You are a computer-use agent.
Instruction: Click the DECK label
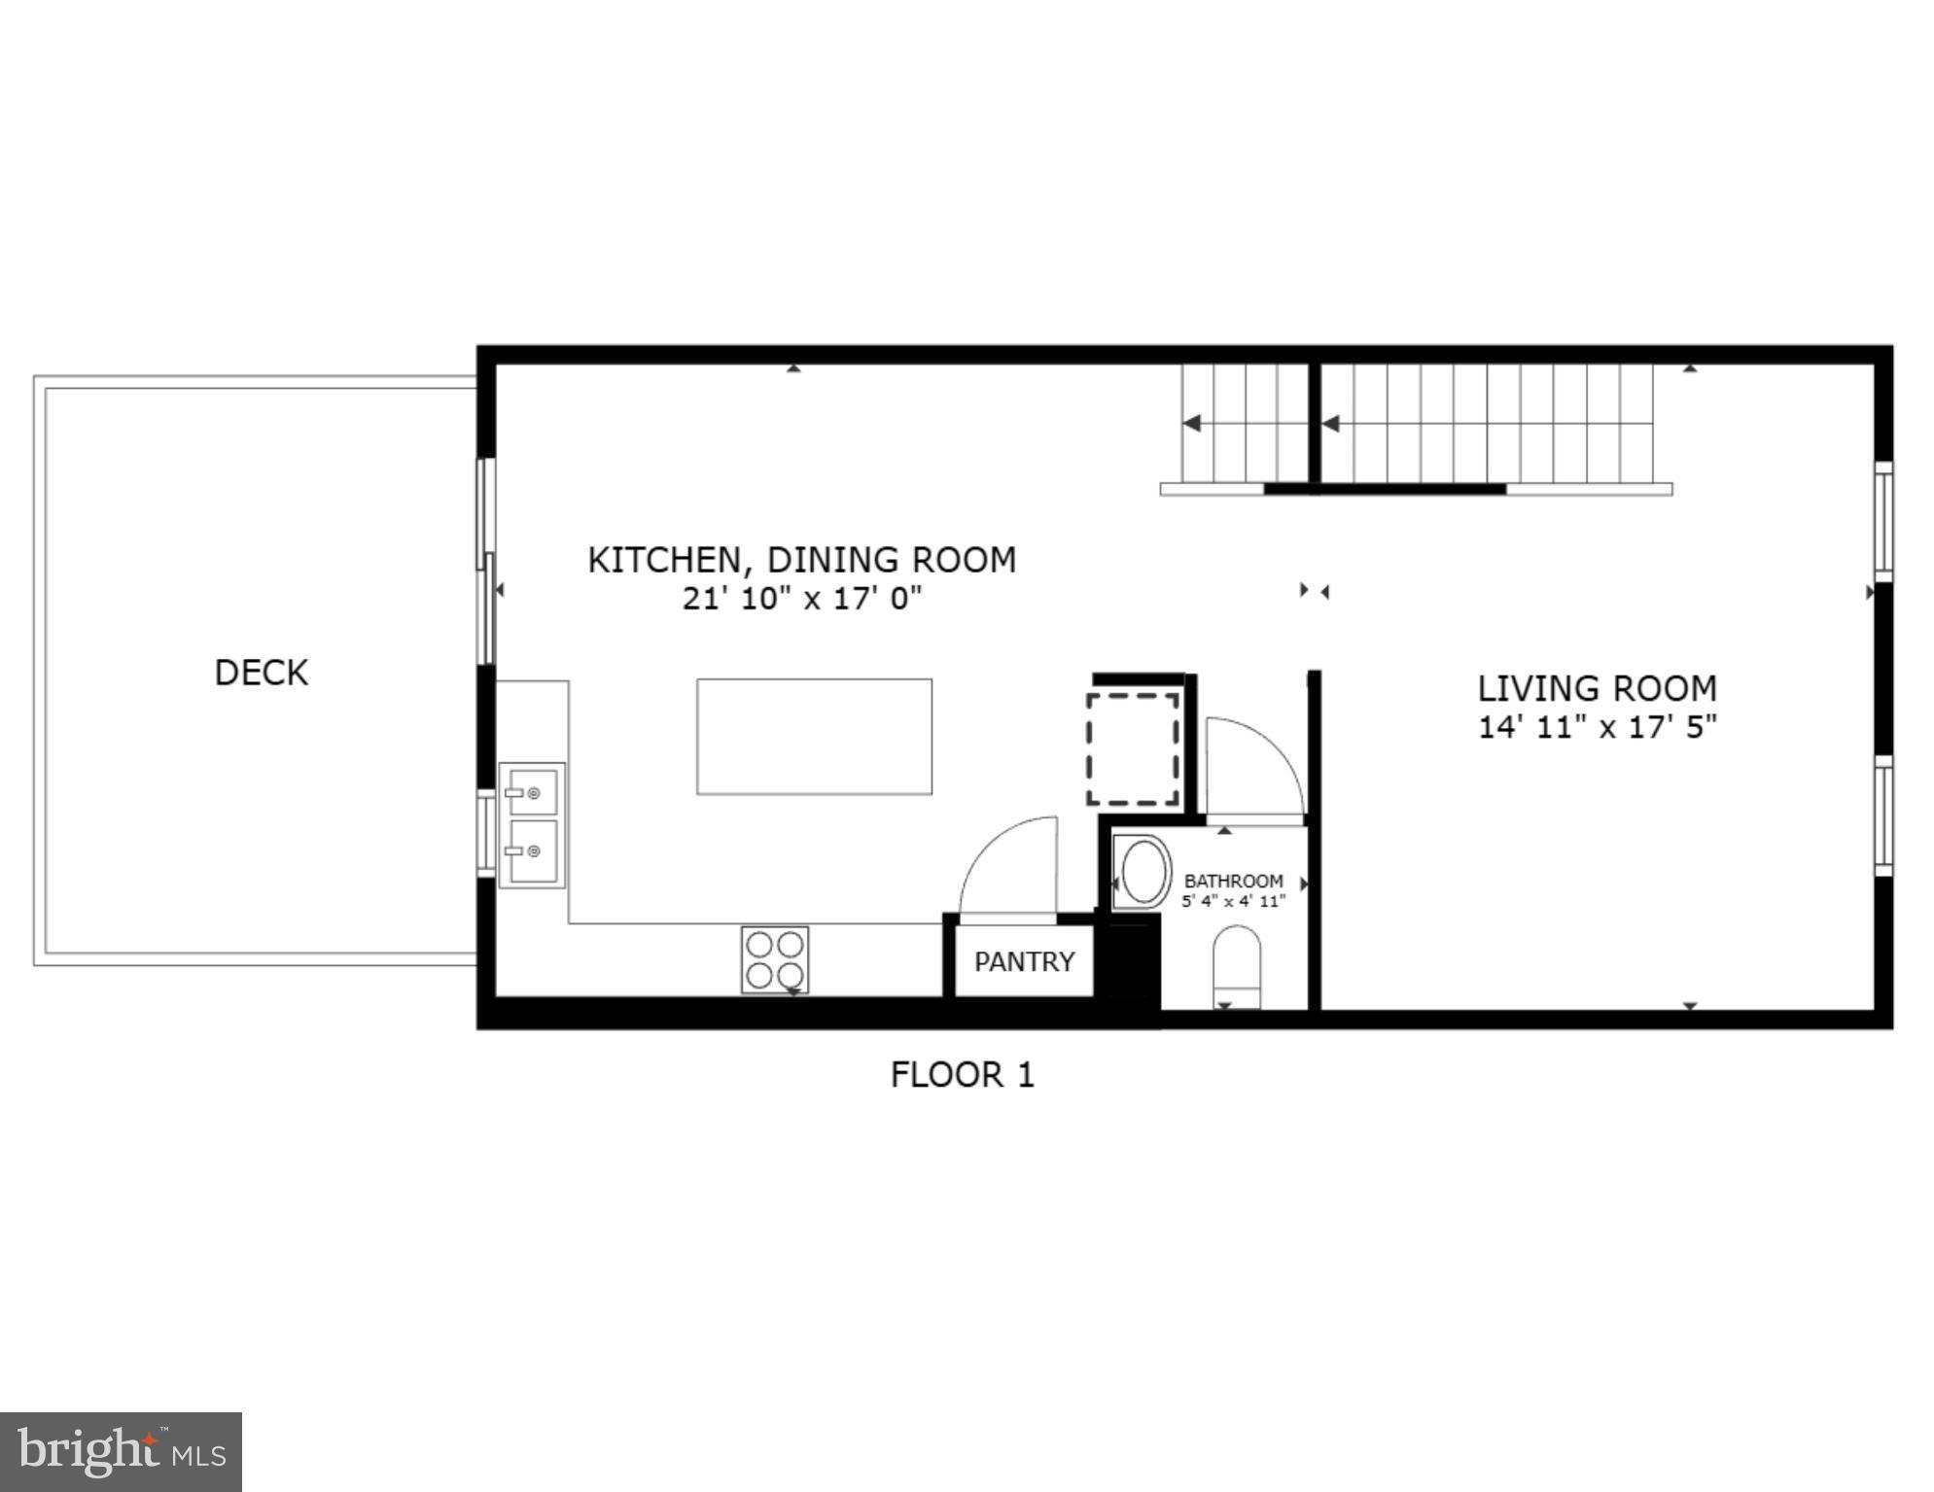click(x=261, y=673)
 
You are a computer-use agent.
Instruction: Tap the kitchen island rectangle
click(x=814, y=737)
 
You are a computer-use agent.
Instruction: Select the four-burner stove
click(x=775, y=959)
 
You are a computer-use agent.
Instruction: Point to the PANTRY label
click(x=1024, y=962)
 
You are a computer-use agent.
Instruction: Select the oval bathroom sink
click(x=1143, y=872)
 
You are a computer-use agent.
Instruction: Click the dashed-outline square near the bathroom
click(x=1133, y=749)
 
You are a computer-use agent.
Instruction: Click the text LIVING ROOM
click(x=1597, y=689)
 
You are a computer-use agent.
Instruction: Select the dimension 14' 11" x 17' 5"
click(x=1597, y=727)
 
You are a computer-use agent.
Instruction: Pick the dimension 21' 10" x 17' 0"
click(x=801, y=598)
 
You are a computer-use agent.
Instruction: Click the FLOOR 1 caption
click(x=962, y=1075)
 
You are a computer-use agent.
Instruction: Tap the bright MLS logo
click(x=121, y=1452)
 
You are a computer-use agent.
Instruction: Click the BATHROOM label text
click(x=1233, y=881)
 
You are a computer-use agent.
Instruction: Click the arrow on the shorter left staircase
click(x=1192, y=424)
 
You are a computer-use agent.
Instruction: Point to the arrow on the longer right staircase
click(x=1331, y=424)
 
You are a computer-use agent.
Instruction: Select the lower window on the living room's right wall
click(x=1882, y=815)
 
